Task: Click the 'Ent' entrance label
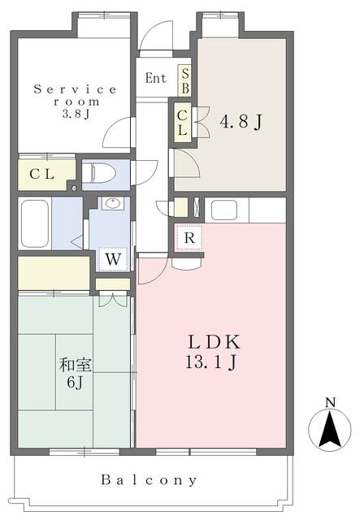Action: (155, 78)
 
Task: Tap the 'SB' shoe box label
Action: (185, 80)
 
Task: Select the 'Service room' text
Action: (76, 95)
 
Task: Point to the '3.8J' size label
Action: (76, 114)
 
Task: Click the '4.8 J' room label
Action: (241, 122)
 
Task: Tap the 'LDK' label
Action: (215, 342)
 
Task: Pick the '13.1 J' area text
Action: (210, 362)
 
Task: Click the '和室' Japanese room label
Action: (76, 366)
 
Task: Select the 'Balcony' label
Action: (149, 480)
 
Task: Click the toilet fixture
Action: (98, 173)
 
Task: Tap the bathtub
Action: (34, 223)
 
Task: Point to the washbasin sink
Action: (113, 203)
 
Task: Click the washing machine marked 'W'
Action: (113, 259)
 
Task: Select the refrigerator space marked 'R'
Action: (189, 237)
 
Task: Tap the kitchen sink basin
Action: (224, 210)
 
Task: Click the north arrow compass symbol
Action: (330, 430)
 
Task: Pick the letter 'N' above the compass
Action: (330, 402)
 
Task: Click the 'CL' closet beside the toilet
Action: (42, 174)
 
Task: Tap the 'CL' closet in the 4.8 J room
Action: (182, 123)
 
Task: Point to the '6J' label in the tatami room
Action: (75, 383)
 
